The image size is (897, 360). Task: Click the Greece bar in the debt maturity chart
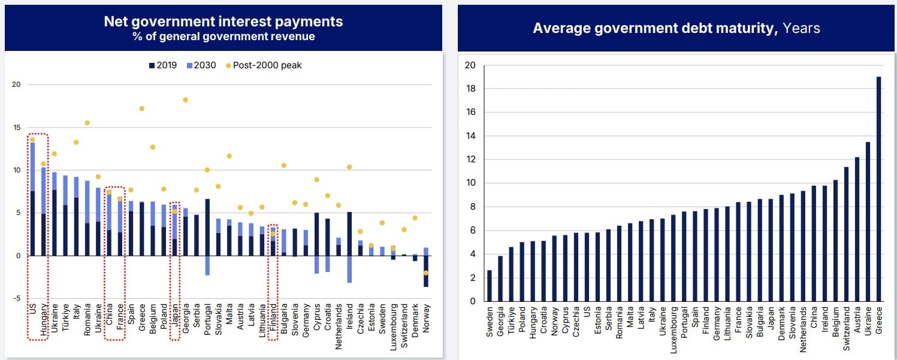(x=878, y=189)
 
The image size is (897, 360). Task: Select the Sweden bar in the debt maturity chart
(x=489, y=286)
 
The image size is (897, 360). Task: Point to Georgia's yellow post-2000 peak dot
(x=185, y=100)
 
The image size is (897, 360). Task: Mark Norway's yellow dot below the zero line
(x=426, y=273)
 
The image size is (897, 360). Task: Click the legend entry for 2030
(x=203, y=65)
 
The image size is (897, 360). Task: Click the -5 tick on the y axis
(x=16, y=298)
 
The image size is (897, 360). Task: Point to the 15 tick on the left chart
(x=16, y=128)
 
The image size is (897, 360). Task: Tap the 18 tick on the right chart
(x=471, y=89)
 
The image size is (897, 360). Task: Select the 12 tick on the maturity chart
(x=471, y=159)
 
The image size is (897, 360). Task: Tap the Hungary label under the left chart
(x=43, y=323)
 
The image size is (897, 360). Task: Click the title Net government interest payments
(x=224, y=22)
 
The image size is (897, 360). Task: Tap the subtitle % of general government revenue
(x=224, y=37)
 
